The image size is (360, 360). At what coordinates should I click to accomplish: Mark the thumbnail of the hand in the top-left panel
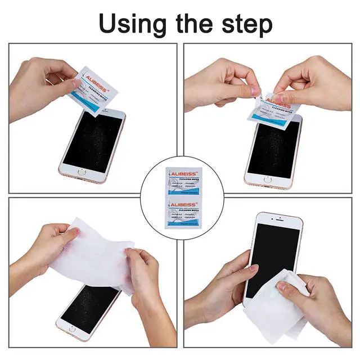(76, 83)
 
